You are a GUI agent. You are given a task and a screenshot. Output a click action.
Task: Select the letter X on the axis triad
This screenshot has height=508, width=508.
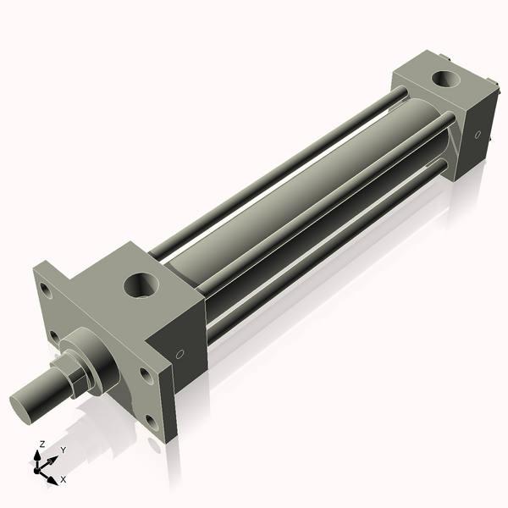coord(63,479)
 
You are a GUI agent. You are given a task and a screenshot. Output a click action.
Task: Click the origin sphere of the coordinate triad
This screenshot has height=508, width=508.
coord(39,468)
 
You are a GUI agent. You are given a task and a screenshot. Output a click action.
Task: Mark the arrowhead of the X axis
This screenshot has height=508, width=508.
coord(53,477)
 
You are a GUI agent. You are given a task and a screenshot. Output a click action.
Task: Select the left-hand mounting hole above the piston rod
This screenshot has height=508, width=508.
coord(54,338)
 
